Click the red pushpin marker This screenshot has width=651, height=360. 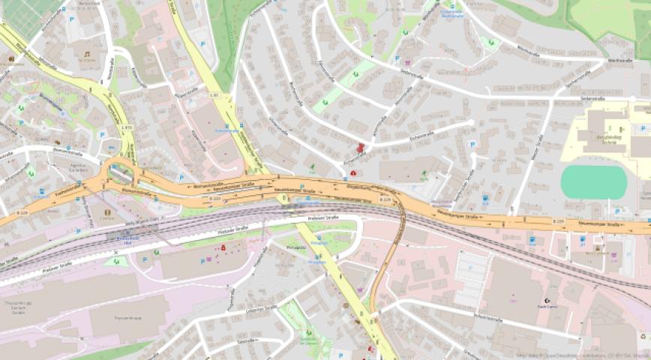361,148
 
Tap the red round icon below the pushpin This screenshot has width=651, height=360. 353,172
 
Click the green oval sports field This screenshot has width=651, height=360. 593,181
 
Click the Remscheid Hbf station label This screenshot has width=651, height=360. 129,238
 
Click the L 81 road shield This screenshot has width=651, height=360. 214,95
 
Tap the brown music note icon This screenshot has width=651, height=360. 87,55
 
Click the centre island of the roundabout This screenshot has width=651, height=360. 118,173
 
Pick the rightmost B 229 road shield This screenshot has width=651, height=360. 558,221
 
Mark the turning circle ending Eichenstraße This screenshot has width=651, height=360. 472,122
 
